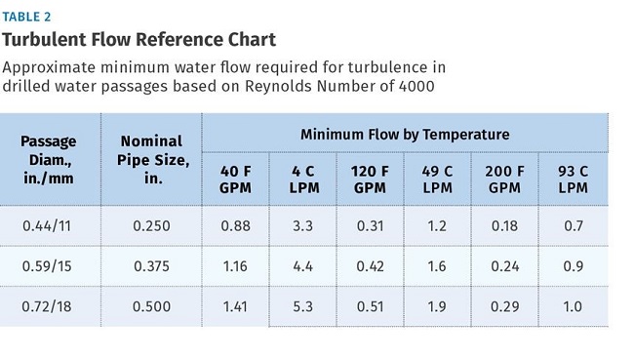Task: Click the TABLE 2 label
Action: [x=26, y=17]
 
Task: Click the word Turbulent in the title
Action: [x=45, y=40]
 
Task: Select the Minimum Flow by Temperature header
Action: [x=405, y=135]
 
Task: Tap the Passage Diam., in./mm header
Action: [x=48, y=160]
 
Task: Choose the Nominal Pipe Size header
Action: [x=153, y=160]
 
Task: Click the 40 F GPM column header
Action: [x=235, y=180]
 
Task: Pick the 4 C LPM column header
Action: [x=304, y=180]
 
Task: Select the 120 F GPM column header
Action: [x=370, y=180]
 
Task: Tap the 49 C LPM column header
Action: [x=437, y=180]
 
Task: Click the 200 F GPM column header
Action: [x=504, y=180]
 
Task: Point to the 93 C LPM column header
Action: [x=573, y=180]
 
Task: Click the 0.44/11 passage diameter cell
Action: [x=47, y=225]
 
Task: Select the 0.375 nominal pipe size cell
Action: [x=151, y=266]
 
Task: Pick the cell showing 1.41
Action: [x=235, y=306]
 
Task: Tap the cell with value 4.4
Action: [x=302, y=266]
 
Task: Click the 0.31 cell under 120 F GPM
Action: [x=370, y=225]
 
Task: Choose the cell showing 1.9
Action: [x=437, y=306]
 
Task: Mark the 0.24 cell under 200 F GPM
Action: [x=504, y=266]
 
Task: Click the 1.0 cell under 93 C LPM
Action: [x=573, y=306]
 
